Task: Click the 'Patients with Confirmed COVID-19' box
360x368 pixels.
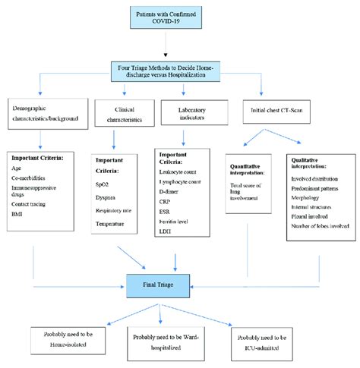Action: (179, 17)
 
